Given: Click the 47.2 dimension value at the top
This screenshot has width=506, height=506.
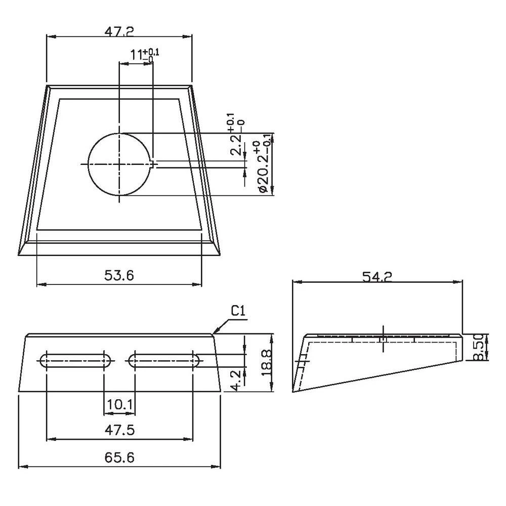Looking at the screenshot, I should pyautogui.click(x=119, y=31).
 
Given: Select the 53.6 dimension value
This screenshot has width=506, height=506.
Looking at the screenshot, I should pyautogui.click(x=119, y=275).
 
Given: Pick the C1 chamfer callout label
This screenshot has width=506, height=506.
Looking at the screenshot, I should pyautogui.click(x=238, y=312).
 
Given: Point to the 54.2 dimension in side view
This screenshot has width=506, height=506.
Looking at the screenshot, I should pyautogui.click(x=377, y=276).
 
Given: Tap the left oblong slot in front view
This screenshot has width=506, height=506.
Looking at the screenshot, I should pyautogui.click(x=75, y=360).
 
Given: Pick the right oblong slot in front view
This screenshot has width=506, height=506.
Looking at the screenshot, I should pyautogui.click(x=164, y=360).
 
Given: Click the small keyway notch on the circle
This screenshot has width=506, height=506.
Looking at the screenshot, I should pyautogui.click(x=154, y=163).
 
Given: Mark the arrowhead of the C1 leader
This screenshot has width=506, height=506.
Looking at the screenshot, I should pyautogui.click(x=214, y=333).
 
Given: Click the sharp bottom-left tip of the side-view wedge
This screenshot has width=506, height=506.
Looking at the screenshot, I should pyautogui.click(x=293, y=392).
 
